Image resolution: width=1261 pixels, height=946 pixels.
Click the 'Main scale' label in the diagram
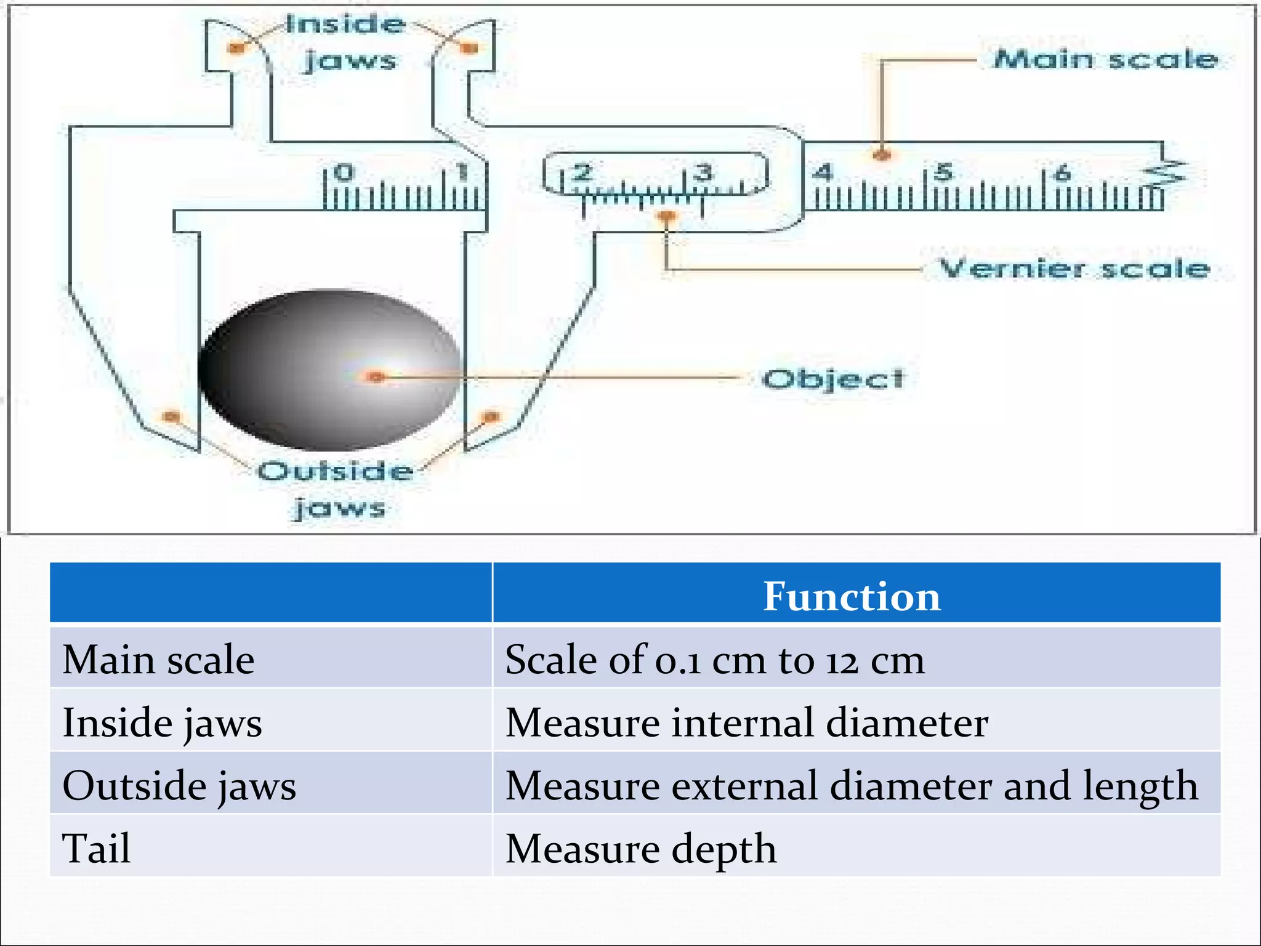(x=1106, y=60)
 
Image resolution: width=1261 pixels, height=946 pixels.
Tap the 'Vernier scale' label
(x=1074, y=269)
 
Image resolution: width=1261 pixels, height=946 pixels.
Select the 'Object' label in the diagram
(x=833, y=379)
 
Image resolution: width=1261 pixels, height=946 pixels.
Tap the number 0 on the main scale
(x=345, y=172)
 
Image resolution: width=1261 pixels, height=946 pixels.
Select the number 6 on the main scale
(x=1062, y=173)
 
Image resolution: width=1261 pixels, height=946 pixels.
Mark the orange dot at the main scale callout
(x=882, y=155)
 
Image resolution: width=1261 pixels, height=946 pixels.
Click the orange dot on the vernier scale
(x=666, y=216)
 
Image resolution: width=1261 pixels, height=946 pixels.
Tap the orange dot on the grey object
(x=376, y=376)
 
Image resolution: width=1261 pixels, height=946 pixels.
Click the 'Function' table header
(x=852, y=596)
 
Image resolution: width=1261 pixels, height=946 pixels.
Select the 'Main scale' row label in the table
(x=159, y=660)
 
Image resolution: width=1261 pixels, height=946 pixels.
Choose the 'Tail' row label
(x=97, y=848)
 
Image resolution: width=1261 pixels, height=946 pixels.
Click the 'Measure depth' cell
(x=640, y=849)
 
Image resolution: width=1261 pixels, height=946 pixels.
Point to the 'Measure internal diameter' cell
(x=746, y=722)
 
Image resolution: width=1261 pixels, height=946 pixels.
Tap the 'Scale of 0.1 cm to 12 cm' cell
(x=714, y=660)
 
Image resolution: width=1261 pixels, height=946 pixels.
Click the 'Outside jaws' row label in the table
(x=179, y=786)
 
